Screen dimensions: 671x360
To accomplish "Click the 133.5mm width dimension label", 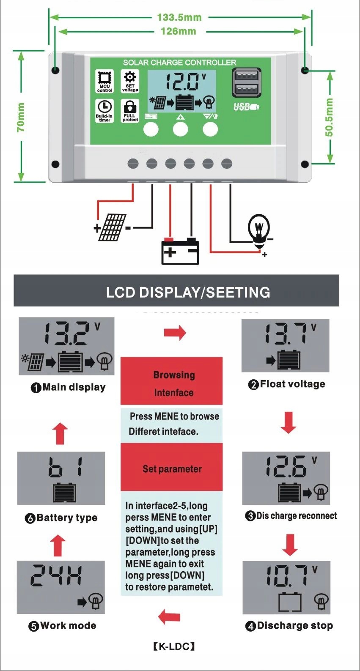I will (x=179, y=17).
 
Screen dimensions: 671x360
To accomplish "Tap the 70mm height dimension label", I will (x=21, y=117).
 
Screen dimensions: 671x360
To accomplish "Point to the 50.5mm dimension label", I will (x=329, y=117).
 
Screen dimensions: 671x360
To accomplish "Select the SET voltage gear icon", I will (x=130, y=77).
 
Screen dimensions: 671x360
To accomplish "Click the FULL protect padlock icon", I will (x=130, y=107).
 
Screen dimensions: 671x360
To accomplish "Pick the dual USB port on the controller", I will (x=246, y=82).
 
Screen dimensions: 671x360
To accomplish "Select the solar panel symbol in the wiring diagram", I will (x=112, y=227).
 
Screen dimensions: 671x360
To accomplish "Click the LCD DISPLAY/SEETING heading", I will (x=188, y=292).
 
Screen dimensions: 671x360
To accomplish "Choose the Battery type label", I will (x=67, y=518).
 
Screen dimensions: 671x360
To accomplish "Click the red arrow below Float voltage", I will (x=289, y=422).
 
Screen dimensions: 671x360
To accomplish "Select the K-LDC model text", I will (x=174, y=646).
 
